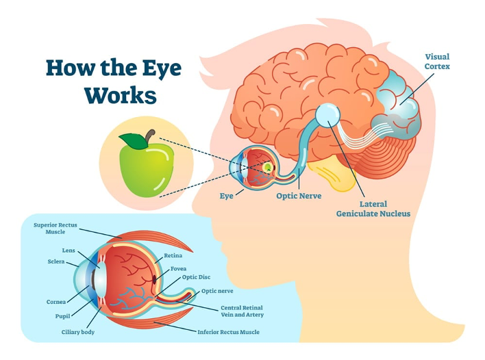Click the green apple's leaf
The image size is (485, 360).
[134, 140]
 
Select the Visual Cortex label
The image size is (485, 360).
[437, 62]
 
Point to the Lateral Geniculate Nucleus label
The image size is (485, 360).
[373, 209]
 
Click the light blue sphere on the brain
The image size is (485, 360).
[328, 115]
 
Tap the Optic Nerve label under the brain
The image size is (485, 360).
[299, 196]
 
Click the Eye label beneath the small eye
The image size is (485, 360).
[227, 196]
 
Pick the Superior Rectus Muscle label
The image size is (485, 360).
[55, 229]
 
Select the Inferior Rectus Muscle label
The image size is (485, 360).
[229, 332]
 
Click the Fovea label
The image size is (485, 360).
[179, 269]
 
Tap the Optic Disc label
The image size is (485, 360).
[196, 277]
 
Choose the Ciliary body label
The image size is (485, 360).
[78, 333]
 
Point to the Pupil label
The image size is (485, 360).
[62, 316]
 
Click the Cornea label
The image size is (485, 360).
[56, 302]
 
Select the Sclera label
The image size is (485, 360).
[56, 261]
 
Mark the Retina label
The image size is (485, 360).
[173, 255]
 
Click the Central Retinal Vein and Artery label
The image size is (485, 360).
[242, 311]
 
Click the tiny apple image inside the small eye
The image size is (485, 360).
[268, 167]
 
